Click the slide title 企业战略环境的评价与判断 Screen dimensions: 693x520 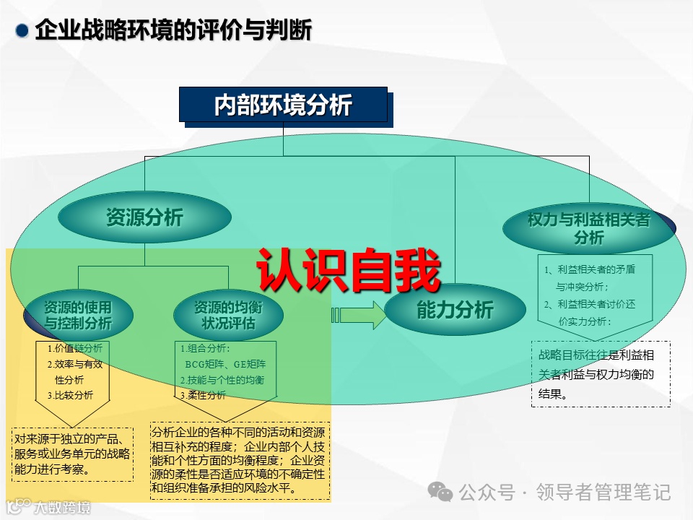click(x=173, y=31)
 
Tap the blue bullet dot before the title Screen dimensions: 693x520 click(x=23, y=31)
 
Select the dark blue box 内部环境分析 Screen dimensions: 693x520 click(x=283, y=105)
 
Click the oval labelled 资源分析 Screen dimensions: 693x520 click(x=144, y=217)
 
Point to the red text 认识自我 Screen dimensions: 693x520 click(x=349, y=272)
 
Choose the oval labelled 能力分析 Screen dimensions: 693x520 click(x=455, y=311)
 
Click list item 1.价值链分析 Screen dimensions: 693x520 click(x=75, y=347)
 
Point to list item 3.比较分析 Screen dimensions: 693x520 click(x=70, y=395)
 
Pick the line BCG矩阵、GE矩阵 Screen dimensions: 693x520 click(x=225, y=364)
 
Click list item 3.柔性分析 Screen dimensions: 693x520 click(x=204, y=395)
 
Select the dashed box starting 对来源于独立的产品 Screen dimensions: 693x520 click(x=72, y=454)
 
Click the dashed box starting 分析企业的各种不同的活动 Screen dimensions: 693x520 click(x=240, y=461)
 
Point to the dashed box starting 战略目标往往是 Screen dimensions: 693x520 click(x=601, y=374)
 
